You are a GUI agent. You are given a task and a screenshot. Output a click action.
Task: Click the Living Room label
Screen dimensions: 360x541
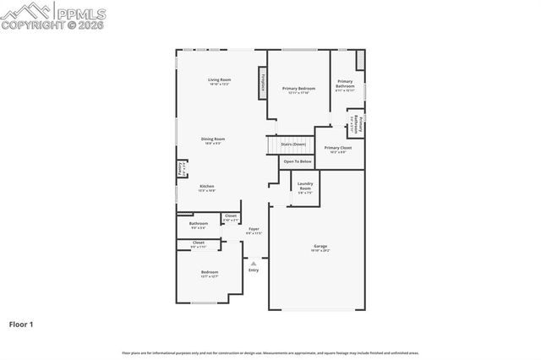click(x=219, y=81)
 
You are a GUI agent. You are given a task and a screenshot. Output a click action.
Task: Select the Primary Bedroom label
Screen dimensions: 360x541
click(x=299, y=89)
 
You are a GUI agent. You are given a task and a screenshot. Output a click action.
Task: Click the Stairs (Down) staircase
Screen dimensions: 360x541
click(x=293, y=145)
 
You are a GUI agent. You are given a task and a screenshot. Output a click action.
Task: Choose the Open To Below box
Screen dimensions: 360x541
click(x=298, y=161)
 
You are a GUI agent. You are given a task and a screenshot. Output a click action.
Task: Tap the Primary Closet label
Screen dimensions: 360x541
click(x=337, y=149)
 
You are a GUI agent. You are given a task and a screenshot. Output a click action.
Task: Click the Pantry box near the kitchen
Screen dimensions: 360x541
click(x=182, y=169)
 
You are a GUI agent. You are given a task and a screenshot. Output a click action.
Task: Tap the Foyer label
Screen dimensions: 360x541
click(x=254, y=230)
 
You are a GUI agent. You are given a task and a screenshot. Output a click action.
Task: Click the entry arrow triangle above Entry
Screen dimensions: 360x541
click(x=254, y=263)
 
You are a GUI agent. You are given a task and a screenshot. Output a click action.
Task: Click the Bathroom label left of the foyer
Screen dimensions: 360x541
click(x=198, y=225)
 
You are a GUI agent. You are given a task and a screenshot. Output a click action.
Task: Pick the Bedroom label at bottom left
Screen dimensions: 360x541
click(x=210, y=273)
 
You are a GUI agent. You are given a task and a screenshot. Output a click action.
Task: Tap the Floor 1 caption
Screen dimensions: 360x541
click(x=22, y=323)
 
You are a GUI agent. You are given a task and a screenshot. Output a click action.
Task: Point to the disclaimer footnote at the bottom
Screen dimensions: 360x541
click(x=270, y=352)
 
